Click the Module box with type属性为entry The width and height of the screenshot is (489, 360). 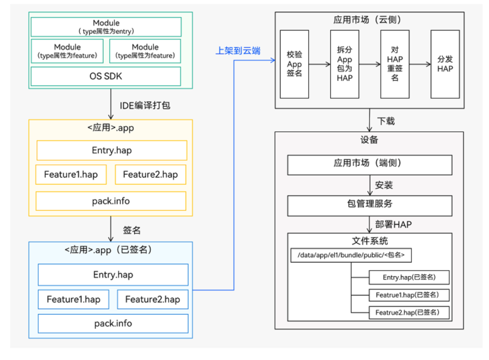pos(106,27)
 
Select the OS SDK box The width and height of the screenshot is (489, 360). pos(106,76)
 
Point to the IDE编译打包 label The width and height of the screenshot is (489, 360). pos(145,106)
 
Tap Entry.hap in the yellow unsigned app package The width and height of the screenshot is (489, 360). pos(112,150)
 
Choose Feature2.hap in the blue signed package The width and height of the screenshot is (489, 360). pos(152,299)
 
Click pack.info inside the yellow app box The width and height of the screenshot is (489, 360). pos(111,201)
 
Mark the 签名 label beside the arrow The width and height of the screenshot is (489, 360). pos(132,230)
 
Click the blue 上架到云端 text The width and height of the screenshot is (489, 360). pos(238,51)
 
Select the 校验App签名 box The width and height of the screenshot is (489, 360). pos(294,64)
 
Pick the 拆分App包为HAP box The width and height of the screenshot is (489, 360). pos(344,64)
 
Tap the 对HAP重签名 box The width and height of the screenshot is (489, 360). pos(395,64)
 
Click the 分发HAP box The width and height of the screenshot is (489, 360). pos(445,64)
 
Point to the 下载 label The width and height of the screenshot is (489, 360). pos(386,121)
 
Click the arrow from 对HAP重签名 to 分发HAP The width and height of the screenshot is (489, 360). pos(419,64)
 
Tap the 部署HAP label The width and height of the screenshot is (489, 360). pos(393,224)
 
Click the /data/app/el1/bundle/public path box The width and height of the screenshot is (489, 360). pos(351,255)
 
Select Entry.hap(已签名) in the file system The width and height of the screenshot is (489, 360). pos(409,277)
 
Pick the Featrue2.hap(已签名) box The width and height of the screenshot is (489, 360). pos(409,313)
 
